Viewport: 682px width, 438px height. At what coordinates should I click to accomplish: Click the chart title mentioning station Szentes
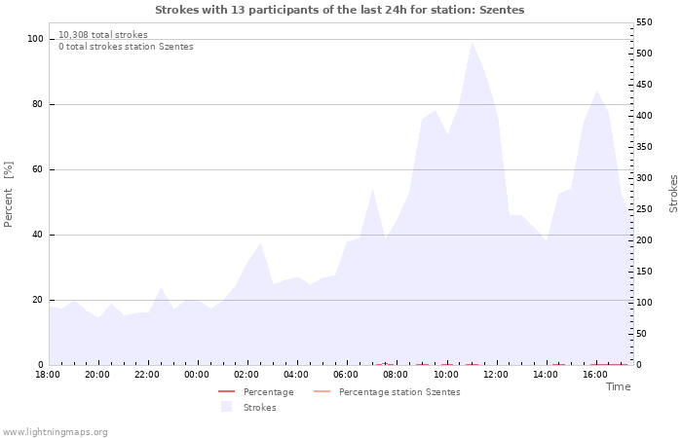pos(339,10)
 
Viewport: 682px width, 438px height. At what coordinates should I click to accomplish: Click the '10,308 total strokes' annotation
pos(103,35)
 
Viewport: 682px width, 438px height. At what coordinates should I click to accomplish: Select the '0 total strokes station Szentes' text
pos(126,47)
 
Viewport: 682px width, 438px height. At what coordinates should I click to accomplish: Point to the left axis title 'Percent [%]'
pos(9,195)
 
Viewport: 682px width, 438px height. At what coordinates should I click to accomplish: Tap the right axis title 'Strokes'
pos(673,194)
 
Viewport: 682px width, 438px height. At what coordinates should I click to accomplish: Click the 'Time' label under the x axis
pos(618,386)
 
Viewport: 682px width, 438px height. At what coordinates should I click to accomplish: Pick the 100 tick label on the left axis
pos(36,39)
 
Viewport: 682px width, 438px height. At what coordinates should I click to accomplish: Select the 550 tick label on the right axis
pos(644,21)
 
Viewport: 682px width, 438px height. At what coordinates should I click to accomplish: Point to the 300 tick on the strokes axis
pos(644,178)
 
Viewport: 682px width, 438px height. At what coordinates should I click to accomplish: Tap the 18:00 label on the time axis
pos(48,375)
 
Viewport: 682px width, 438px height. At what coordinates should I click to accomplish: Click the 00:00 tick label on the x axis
pos(197,375)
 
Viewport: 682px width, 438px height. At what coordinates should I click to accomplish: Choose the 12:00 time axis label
pos(496,375)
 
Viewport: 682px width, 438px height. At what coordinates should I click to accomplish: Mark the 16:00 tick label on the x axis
pos(595,375)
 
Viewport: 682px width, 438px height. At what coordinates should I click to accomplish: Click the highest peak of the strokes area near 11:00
pos(472,41)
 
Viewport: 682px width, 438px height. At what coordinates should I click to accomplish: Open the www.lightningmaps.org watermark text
pos(55,432)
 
